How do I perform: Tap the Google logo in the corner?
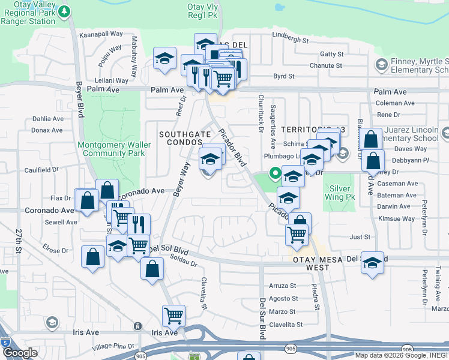click(19, 353)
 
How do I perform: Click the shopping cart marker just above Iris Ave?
click(173, 314)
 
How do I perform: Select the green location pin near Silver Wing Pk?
click(276, 173)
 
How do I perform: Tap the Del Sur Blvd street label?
click(262, 318)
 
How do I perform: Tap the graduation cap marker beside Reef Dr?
click(164, 59)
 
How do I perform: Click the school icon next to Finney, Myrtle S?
click(381, 64)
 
